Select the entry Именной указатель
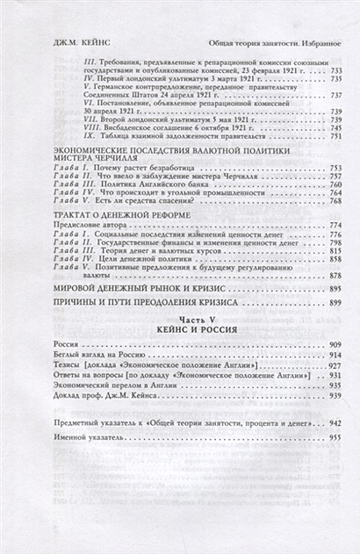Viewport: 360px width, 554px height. (x=85, y=436)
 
